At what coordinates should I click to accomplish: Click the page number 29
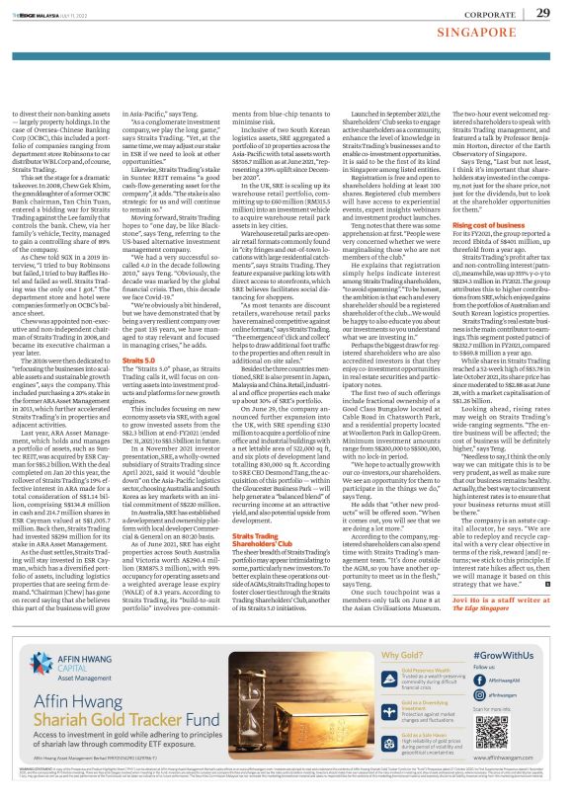(x=543, y=13)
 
